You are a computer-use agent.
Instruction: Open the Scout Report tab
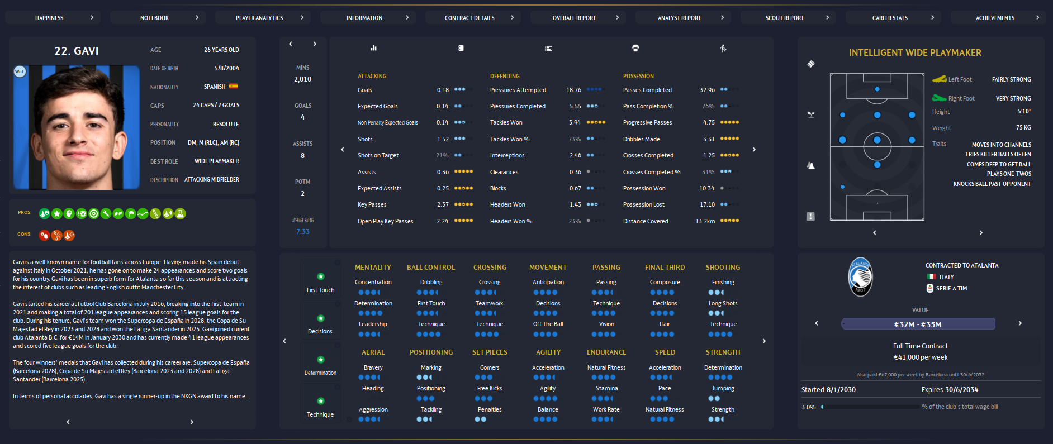coord(784,18)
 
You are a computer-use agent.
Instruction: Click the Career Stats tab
coord(890,18)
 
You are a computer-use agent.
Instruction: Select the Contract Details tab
coord(469,18)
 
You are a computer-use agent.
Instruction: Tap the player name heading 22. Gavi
coord(77,51)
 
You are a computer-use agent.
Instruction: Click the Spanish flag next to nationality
coord(233,87)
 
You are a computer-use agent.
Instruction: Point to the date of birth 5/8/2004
coord(226,68)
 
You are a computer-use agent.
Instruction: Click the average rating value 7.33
coord(302,231)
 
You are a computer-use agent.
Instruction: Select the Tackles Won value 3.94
coord(575,122)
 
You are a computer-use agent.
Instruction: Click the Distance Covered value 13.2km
coord(705,221)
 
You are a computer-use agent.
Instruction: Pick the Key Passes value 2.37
coord(443,204)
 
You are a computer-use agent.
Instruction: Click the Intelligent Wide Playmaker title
coord(915,52)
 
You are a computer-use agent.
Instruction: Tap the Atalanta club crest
coord(860,276)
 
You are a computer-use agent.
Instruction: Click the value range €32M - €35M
coord(918,324)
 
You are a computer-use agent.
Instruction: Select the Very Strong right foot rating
coord(1013,98)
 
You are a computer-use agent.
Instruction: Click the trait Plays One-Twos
coord(1009,174)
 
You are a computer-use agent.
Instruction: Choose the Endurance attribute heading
coord(606,352)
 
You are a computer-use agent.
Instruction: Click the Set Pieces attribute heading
coord(490,352)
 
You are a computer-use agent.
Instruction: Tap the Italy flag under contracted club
coord(931,277)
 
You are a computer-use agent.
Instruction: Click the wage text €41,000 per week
coord(921,357)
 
